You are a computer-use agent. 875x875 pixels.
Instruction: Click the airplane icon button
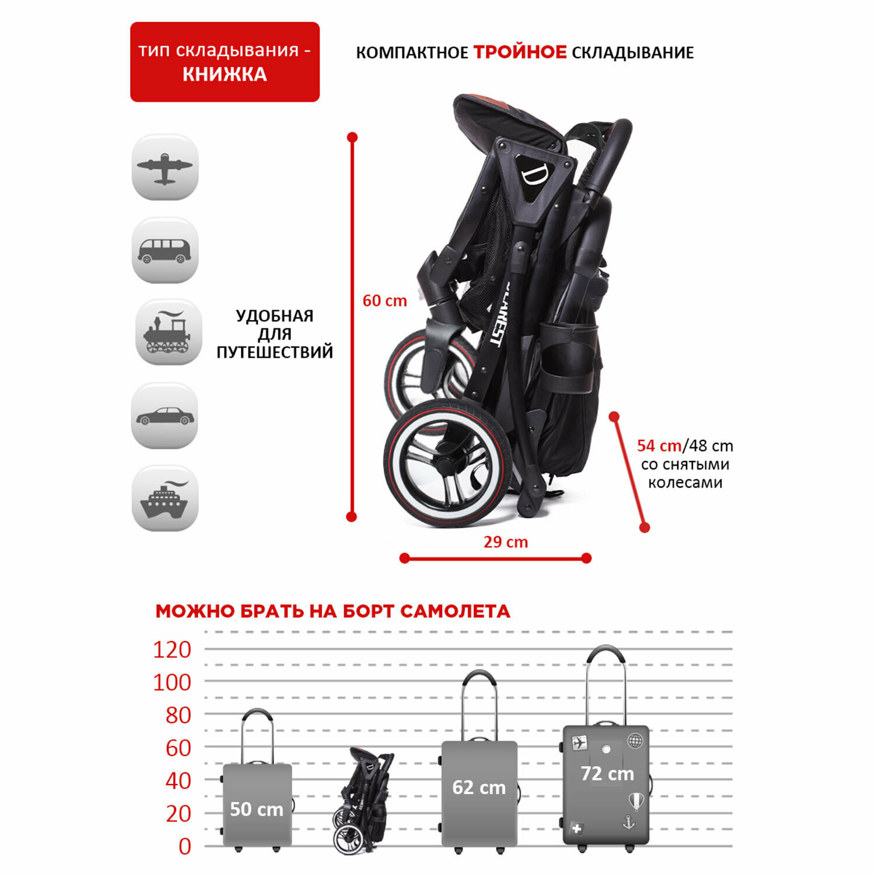[x=165, y=167]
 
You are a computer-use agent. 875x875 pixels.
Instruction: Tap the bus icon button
[x=165, y=251]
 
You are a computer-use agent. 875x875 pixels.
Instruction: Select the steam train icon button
[x=169, y=333]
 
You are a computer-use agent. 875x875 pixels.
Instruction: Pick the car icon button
[x=165, y=416]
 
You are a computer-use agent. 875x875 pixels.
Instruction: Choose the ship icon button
[x=165, y=499]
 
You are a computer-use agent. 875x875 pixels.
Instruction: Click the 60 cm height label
[x=384, y=301]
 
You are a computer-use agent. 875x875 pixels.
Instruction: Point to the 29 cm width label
[x=505, y=542]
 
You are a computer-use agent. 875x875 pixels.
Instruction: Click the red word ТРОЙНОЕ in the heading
[x=520, y=52]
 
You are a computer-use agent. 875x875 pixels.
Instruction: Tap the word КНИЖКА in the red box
[x=225, y=75]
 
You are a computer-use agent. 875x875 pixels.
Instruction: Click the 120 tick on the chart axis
[x=172, y=650]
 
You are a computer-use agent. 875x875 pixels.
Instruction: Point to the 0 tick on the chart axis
[x=184, y=846]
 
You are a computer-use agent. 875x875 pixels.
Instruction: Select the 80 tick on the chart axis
[x=178, y=715]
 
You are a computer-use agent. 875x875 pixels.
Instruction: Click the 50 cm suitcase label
[x=257, y=809]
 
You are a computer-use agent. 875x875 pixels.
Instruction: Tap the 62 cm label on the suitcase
[x=479, y=787]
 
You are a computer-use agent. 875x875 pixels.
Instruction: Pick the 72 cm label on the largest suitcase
[x=607, y=773]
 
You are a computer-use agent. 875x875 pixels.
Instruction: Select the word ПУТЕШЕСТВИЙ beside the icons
[x=275, y=352]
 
